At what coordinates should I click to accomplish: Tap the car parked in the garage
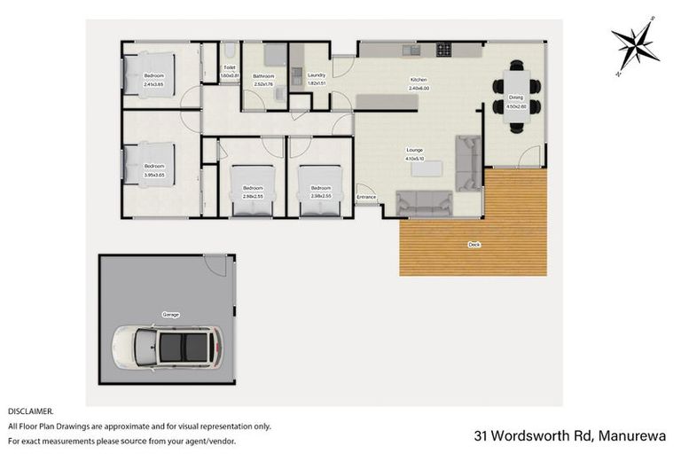[166, 348]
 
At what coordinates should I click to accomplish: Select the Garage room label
[169, 315]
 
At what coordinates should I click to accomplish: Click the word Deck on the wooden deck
[474, 244]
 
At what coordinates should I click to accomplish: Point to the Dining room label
[516, 98]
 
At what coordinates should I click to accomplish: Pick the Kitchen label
[419, 80]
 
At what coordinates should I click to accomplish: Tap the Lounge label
[414, 150]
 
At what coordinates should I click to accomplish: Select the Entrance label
[366, 196]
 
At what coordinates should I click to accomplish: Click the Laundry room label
[317, 75]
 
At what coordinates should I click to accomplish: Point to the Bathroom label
[263, 76]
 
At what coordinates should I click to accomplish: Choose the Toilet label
[230, 67]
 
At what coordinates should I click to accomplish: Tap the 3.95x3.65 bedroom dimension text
[154, 174]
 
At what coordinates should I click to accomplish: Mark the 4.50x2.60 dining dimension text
[516, 106]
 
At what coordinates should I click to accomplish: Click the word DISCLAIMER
[31, 411]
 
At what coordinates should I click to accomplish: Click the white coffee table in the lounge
[427, 169]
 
